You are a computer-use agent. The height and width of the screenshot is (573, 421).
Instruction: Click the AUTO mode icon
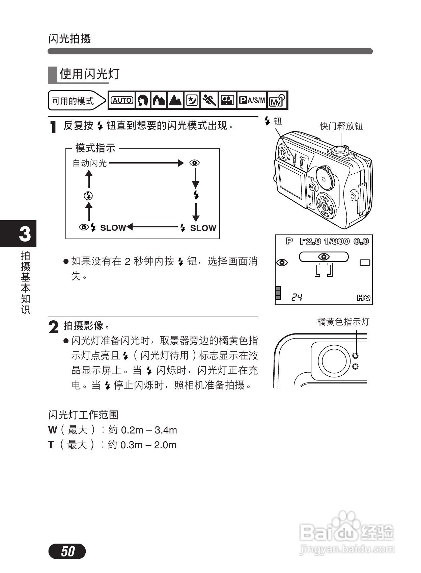point(122,100)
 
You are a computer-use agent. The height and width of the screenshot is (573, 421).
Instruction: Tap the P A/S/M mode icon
point(252,100)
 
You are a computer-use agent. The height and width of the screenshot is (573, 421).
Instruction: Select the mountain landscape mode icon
point(175,100)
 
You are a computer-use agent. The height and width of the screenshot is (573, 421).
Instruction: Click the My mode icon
point(277,100)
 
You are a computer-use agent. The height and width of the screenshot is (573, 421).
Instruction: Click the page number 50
point(67,551)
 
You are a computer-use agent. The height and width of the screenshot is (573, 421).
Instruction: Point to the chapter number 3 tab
point(24,234)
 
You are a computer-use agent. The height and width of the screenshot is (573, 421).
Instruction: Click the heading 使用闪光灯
point(90,74)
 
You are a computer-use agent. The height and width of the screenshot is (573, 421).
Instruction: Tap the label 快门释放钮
point(341,126)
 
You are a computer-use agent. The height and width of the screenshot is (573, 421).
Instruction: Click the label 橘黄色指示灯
point(343,322)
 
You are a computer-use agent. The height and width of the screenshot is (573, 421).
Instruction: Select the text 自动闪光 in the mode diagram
point(90,164)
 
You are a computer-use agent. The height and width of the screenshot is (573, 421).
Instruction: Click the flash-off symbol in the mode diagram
point(88,196)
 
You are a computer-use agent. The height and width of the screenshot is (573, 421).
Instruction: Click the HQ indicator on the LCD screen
point(364,298)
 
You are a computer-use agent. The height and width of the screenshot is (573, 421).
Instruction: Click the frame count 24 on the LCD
point(297,297)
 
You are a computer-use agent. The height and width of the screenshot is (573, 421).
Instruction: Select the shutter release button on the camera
point(340,149)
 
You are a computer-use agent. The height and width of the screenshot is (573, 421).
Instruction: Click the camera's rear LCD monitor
point(290,181)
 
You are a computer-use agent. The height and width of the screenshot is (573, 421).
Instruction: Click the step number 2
point(53,327)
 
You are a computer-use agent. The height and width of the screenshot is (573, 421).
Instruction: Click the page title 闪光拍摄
point(69,39)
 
